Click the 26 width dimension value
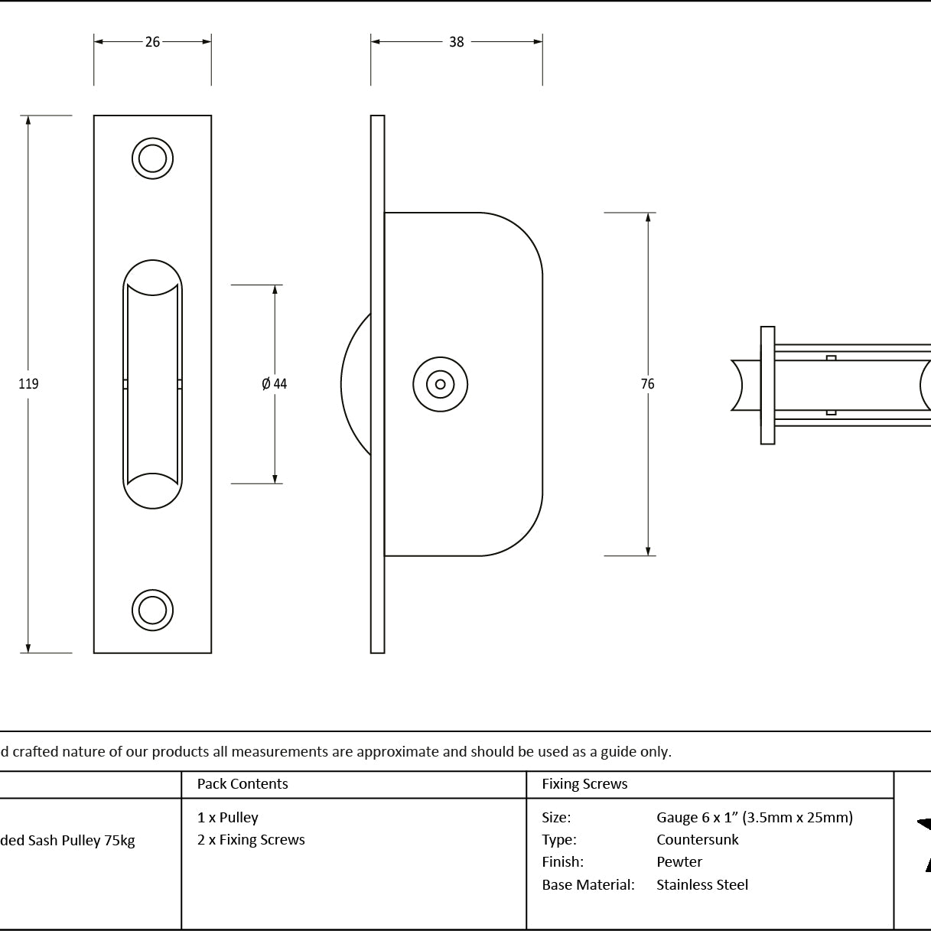coord(153,42)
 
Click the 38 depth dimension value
coord(456,42)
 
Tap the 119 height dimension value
coord(28,383)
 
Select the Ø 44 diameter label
coord(274,383)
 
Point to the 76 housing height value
coord(647,383)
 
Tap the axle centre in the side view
coord(440,385)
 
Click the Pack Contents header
coord(243,783)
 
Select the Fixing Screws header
coord(584,783)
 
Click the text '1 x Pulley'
coord(227,818)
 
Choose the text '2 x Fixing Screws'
coord(251,840)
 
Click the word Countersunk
coord(697,840)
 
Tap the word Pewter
coord(679,862)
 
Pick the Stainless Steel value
coord(702,884)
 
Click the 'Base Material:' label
coord(588,884)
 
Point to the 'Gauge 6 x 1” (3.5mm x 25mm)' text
coord(754,818)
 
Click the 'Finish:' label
coord(562,862)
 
